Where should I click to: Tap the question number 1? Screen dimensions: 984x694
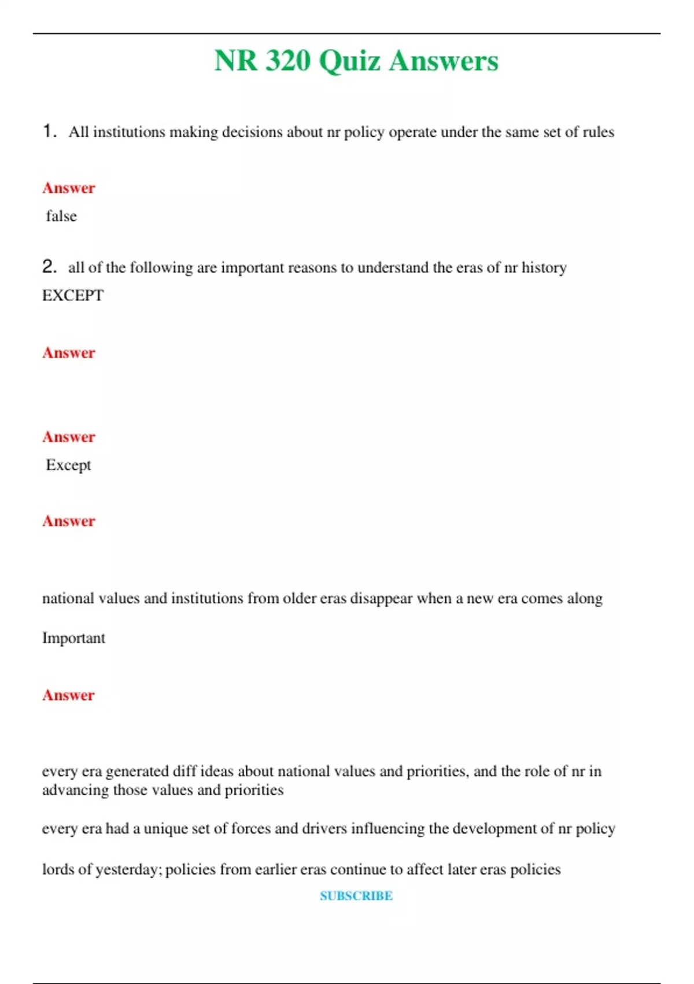pos(49,131)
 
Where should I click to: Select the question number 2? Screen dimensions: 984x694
pos(49,266)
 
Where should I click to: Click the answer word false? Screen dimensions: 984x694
pos(61,216)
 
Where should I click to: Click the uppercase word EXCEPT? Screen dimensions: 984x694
pos(73,295)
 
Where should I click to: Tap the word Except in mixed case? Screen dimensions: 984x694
pos(68,465)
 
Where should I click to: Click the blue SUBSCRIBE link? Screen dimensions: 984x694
pos(356,895)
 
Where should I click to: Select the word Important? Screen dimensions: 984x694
pos(73,638)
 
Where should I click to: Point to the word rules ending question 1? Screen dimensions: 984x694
pos(598,132)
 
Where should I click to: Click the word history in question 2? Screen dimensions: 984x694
pos(544,267)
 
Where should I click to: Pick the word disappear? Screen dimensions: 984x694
pos(382,598)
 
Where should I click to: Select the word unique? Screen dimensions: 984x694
pos(165,829)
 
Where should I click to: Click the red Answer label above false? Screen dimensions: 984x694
pos(68,188)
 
